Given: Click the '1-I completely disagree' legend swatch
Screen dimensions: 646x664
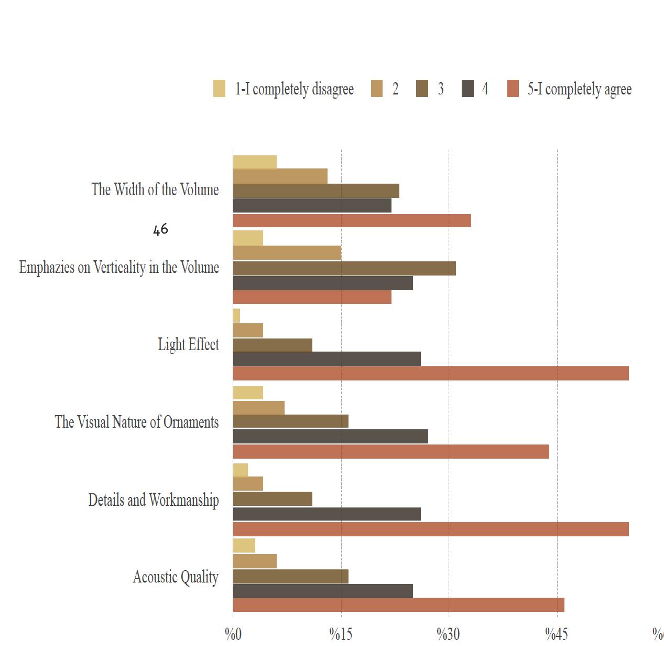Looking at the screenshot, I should click(219, 89).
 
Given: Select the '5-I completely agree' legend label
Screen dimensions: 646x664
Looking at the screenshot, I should click(579, 89).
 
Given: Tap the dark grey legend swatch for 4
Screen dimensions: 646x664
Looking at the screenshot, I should click(467, 89).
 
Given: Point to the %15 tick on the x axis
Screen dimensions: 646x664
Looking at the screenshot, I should click(341, 634).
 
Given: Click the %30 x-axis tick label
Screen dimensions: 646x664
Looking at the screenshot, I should click(449, 634).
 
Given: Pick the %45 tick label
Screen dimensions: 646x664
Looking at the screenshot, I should click(557, 634).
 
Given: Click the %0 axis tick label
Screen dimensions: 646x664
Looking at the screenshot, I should click(233, 634).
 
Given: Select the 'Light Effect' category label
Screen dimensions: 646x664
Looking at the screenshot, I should click(188, 345).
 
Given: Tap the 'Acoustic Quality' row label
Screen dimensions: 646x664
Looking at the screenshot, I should click(176, 577).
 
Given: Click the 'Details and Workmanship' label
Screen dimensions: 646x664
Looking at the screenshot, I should click(154, 500).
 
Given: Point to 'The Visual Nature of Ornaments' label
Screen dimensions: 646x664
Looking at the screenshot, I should click(137, 422).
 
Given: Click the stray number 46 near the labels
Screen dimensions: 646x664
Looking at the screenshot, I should click(160, 229).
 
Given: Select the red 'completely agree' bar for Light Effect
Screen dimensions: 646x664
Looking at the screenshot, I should click(430, 374).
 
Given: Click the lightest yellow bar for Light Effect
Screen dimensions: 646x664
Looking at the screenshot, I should click(236, 316).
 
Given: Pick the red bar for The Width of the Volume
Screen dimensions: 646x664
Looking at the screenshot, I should click(352, 221).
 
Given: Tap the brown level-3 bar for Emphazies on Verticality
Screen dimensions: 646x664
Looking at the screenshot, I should click(344, 268).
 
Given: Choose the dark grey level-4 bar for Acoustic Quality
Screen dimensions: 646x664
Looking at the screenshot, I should click(322, 591).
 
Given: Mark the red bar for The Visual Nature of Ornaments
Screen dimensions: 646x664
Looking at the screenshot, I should click(390, 451).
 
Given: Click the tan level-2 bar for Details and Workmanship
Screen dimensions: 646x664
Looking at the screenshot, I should click(248, 484).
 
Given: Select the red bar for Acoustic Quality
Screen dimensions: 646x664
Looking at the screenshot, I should click(398, 605).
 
